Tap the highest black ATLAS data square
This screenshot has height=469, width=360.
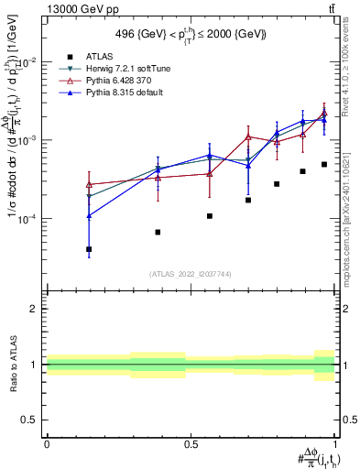click(324, 165)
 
